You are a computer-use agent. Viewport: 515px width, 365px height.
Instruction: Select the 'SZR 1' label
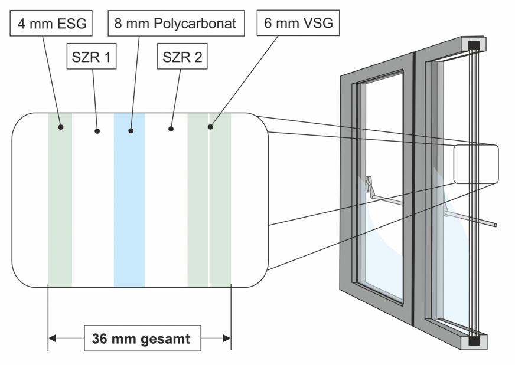point(92,57)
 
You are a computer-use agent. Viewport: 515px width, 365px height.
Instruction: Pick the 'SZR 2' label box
point(182,57)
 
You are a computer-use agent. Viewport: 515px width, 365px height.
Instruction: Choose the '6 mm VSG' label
point(299,24)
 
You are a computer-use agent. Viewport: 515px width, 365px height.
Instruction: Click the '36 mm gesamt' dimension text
point(141,338)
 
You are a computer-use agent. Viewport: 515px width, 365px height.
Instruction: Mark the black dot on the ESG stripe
point(60,126)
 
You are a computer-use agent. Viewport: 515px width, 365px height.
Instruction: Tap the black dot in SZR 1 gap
point(97,131)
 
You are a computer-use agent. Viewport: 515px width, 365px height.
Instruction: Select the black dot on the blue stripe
point(131,131)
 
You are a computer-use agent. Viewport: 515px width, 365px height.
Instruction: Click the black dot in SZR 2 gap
point(171,128)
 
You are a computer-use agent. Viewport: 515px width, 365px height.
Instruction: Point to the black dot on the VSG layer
point(210,126)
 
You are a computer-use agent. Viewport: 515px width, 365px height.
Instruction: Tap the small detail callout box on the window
point(476,164)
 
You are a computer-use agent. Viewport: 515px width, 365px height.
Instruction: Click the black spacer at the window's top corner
point(475,45)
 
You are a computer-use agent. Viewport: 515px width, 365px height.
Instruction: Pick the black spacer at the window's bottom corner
point(475,341)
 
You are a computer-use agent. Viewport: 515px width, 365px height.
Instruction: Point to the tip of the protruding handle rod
point(495,225)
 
